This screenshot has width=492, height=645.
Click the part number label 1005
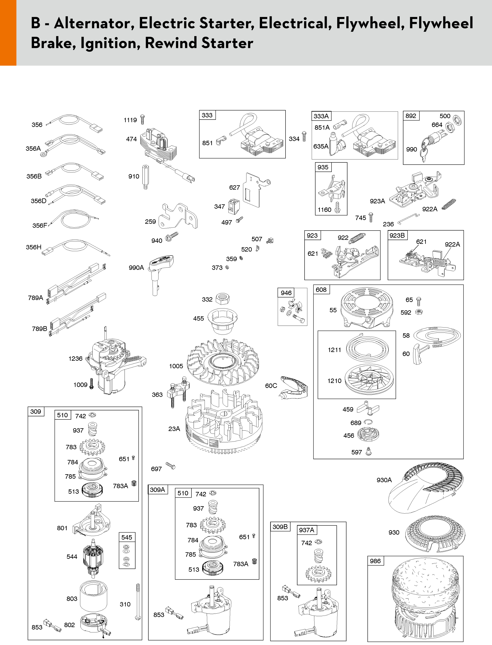click(x=176, y=366)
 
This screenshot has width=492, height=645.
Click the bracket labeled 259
click(x=178, y=217)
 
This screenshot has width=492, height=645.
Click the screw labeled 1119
click(x=143, y=120)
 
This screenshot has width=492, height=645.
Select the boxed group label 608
click(x=321, y=290)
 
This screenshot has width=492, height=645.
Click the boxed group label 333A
click(x=321, y=116)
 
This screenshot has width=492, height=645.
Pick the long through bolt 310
click(x=138, y=602)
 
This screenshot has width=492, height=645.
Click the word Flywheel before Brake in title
click(x=441, y=23)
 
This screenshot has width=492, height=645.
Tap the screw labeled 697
click(x=171, y=465)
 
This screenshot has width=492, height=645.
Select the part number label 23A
click(x=174, y=429)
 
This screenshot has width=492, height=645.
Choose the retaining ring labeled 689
click(x=368, y=422)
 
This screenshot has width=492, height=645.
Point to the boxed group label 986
click(x=375, y=561)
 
